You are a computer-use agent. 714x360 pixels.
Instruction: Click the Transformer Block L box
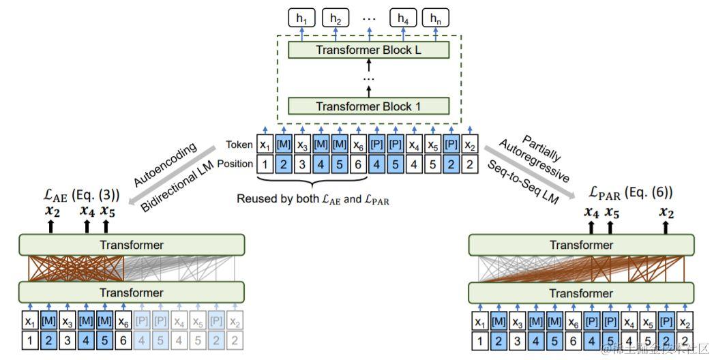(x=368, y=50)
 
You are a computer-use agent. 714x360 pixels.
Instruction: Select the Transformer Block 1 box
(x=368, y=106)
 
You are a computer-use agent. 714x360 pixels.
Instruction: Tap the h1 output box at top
(x=302, y=18)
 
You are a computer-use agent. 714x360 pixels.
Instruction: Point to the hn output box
(x=435, y=18)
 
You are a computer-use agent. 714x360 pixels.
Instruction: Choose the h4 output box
(x=402, y=18)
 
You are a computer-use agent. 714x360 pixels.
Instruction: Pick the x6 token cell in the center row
(x=358, y=145)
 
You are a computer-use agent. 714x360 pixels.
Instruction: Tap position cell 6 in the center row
(x=358, y=164)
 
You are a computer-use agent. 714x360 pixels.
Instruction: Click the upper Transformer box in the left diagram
(x=131, y=245)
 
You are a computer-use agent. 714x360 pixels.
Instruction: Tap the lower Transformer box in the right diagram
(x=581, y=292)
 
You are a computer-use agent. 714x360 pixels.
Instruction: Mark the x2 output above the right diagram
(x=666, y=213)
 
